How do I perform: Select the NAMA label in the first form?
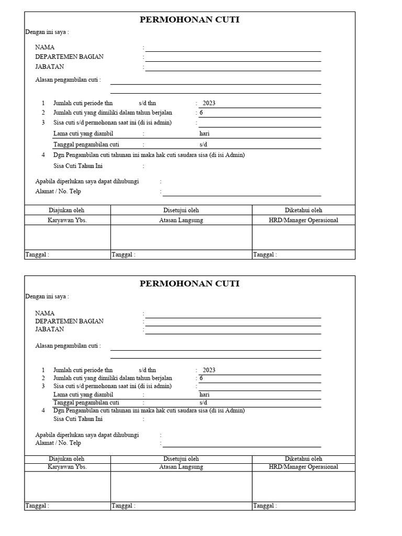(x=44, y=47)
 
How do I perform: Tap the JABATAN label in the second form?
(x=49, y=329)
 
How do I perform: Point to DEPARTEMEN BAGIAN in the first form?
(x=69, y=57)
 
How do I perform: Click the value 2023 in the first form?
(x=209, y=103)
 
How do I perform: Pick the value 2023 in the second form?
(x=209, y=370)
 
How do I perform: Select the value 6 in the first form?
(x=201, y=113)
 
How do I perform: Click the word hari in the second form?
(x=204, y=394)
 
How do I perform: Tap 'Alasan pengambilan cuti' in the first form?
(x=68, y=80)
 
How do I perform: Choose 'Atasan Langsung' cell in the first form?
(x=181, y=220)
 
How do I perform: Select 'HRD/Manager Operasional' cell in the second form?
(x=303, y=467)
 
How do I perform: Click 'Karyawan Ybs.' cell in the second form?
(x=67, y=467)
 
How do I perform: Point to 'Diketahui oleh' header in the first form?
(x=304, y=210)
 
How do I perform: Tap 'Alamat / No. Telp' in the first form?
(x=58, y=192)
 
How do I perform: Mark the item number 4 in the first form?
(x=43, y=155)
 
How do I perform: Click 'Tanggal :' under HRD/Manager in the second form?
(x=265, y=506)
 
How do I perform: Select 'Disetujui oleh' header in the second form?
(x=181, y=459)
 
